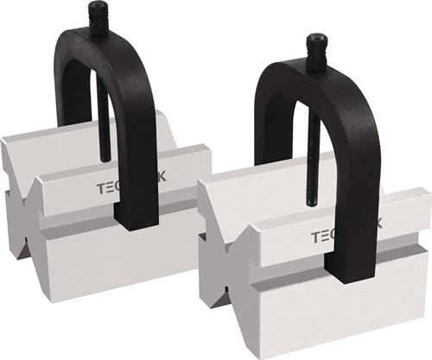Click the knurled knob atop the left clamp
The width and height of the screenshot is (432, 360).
click(99, 19)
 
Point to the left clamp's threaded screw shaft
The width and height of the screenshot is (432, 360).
click(104, 121)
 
